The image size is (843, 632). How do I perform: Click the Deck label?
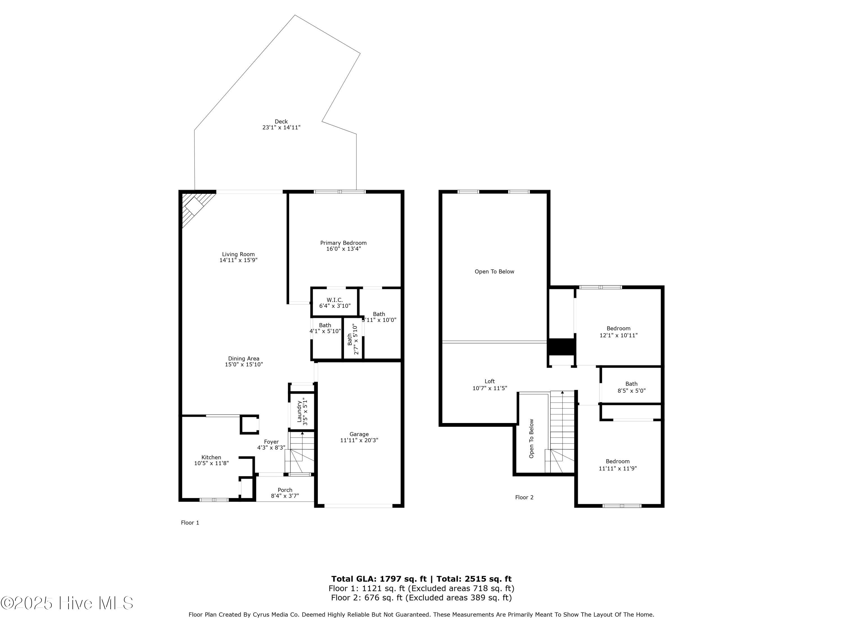[x=281, y=122]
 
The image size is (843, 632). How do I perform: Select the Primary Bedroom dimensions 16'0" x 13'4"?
[x=343, y=249]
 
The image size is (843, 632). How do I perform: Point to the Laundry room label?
[x=300, y=413]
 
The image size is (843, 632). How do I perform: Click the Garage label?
[x=359, y=434]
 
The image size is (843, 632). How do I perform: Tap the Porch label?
[x=285, y=490]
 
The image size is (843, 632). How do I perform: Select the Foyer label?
[x=271, y=442]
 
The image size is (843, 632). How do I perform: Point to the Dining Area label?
[x=244, y=358]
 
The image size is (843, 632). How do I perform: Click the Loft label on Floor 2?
[x=490, y=381]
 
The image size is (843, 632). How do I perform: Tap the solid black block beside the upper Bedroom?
[x=561, y=347]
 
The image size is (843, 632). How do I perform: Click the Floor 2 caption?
[x=524, y=497]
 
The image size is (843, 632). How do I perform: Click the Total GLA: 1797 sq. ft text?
[x=379, y=579]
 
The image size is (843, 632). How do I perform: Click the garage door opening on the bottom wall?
[x=358, y=506]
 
